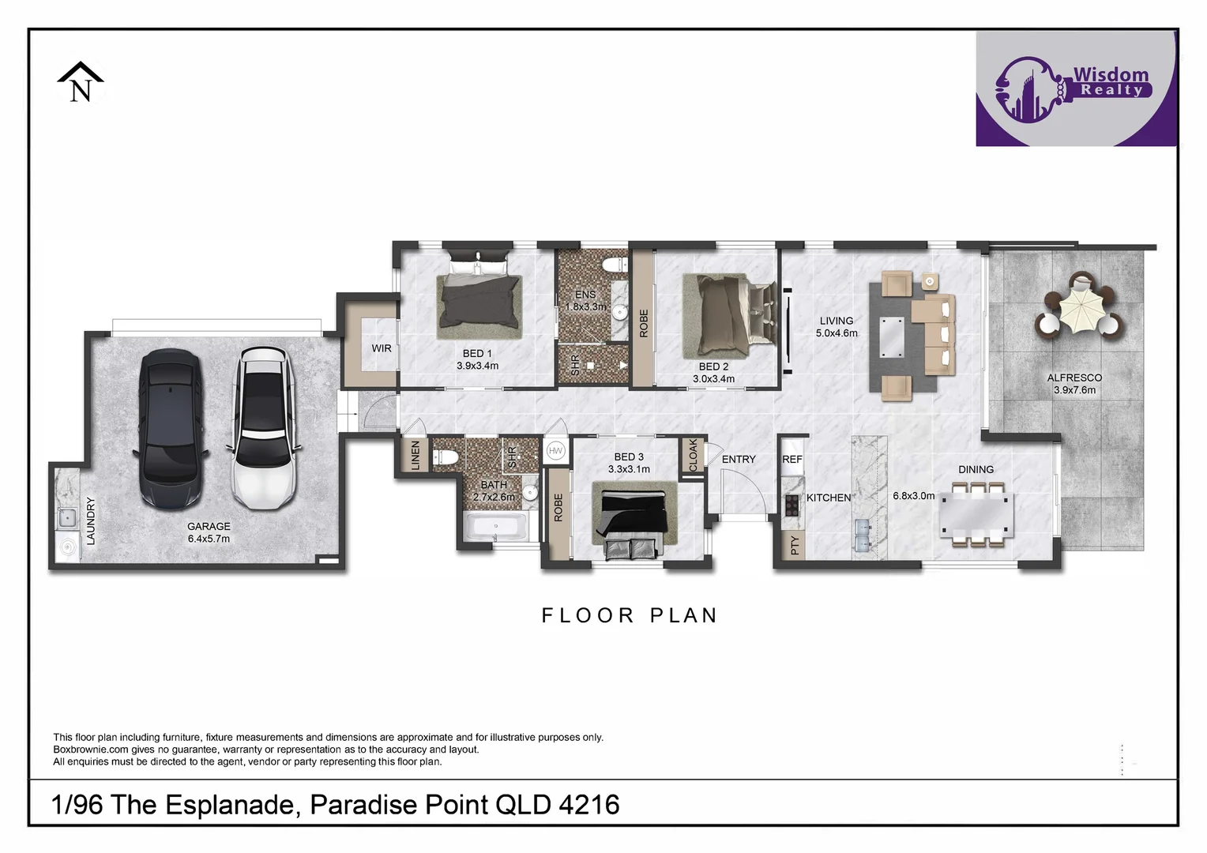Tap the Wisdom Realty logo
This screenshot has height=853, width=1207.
pyautogui.click(x=1076, y=88)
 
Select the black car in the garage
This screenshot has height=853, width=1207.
pyautogui.click(x=170, y=428)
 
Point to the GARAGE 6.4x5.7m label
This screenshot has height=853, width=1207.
pyautogui.click(x=209, y=532)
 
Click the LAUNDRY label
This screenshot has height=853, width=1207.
pyautogui.click(x=90, y=520)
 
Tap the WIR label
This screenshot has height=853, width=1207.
pyautogui.click(x=382, y=348)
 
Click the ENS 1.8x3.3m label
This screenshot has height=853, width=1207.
pyautogui.click(x=585, y=300)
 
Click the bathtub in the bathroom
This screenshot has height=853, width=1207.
pyautogui.click(x=495, y=526)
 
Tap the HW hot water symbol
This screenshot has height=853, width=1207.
pyautogui.click(x=555, y=450)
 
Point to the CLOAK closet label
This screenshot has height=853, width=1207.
pyautogui.click(x=693, y=455)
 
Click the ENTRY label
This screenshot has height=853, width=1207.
pyautogui.click(x=739, y=459)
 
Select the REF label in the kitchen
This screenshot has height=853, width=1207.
pyautogui.click(x=792, y=459)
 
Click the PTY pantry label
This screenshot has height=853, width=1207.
pyautogui.click(x=794, y=544)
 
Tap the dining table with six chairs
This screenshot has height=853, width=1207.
pyautogui.click(x=976, y=513)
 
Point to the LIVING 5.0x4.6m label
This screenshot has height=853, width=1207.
pyautogui.click(x=837, y=326)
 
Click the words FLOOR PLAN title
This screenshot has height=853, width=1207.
pyautogui.click(x=629, y=615)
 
